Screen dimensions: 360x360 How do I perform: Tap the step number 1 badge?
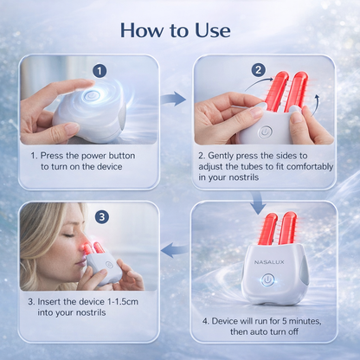pos(100,71)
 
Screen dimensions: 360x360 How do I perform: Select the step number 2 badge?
pos(257,69)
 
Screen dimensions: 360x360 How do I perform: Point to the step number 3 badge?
pos(101,217)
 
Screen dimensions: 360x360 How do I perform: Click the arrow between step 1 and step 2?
pos(174,99)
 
